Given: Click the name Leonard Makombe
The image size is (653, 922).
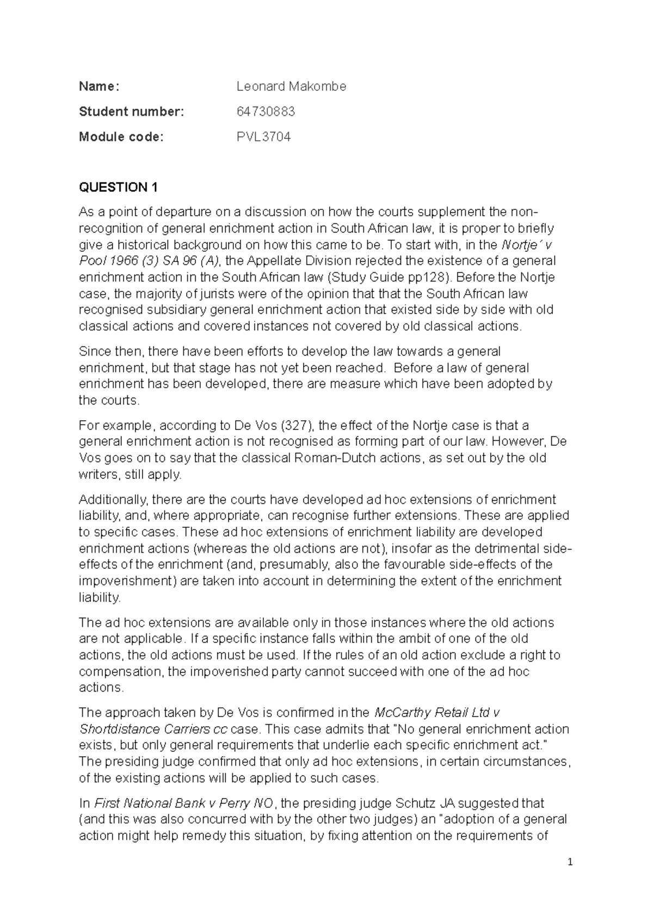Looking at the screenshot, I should pyautogui.click(x=291, y=86).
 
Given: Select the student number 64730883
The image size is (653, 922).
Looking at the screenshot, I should pyautogui.click(x=266, y=111).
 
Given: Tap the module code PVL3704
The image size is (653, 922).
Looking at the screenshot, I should pyautogui.click(x=263, y=137).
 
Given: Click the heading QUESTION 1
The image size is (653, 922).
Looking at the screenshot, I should pyautogui.click(x=118, y=188).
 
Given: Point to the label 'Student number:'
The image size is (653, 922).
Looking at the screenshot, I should pyautogui.click(x=132, y=111).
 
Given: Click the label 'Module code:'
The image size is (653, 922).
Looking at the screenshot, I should pyautogui.click(x=121, y=137).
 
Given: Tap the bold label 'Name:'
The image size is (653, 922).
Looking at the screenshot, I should pyautogui.click(x=98, y=86).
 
